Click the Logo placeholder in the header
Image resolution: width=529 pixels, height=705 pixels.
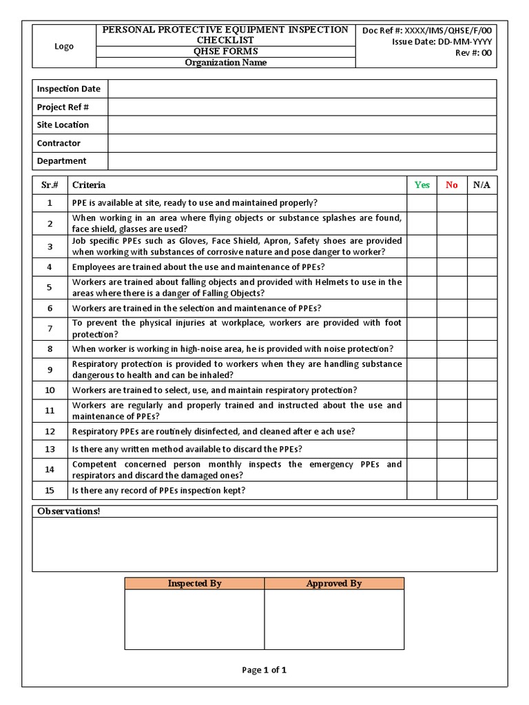point(64,46)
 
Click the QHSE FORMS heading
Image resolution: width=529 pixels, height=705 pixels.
point(225,52)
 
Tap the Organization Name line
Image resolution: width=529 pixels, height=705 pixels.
point(225,63)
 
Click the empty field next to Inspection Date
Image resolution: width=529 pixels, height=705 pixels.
point(302,89)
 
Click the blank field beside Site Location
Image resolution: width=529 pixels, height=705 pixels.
point(302,125)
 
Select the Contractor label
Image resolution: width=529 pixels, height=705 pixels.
point(59,143)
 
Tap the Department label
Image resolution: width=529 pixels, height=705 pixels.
point(62,161)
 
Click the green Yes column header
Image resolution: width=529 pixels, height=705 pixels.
point(422,185)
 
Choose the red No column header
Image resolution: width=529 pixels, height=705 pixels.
point(452,185)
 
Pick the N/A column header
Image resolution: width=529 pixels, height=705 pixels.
point(481,185)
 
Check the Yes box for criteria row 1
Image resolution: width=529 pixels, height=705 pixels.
point(422,203)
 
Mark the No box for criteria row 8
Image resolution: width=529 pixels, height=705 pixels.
point(452,349)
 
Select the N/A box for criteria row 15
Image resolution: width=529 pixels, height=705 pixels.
point(481,490)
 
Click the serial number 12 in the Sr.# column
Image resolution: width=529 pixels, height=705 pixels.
point(50,432)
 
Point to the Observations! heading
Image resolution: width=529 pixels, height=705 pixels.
point(69,512)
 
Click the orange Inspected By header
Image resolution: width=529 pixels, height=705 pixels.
point(195,584)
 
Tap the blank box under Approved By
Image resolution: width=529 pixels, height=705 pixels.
point(334,620)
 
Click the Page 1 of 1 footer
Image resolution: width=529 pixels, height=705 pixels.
point(264,670)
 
